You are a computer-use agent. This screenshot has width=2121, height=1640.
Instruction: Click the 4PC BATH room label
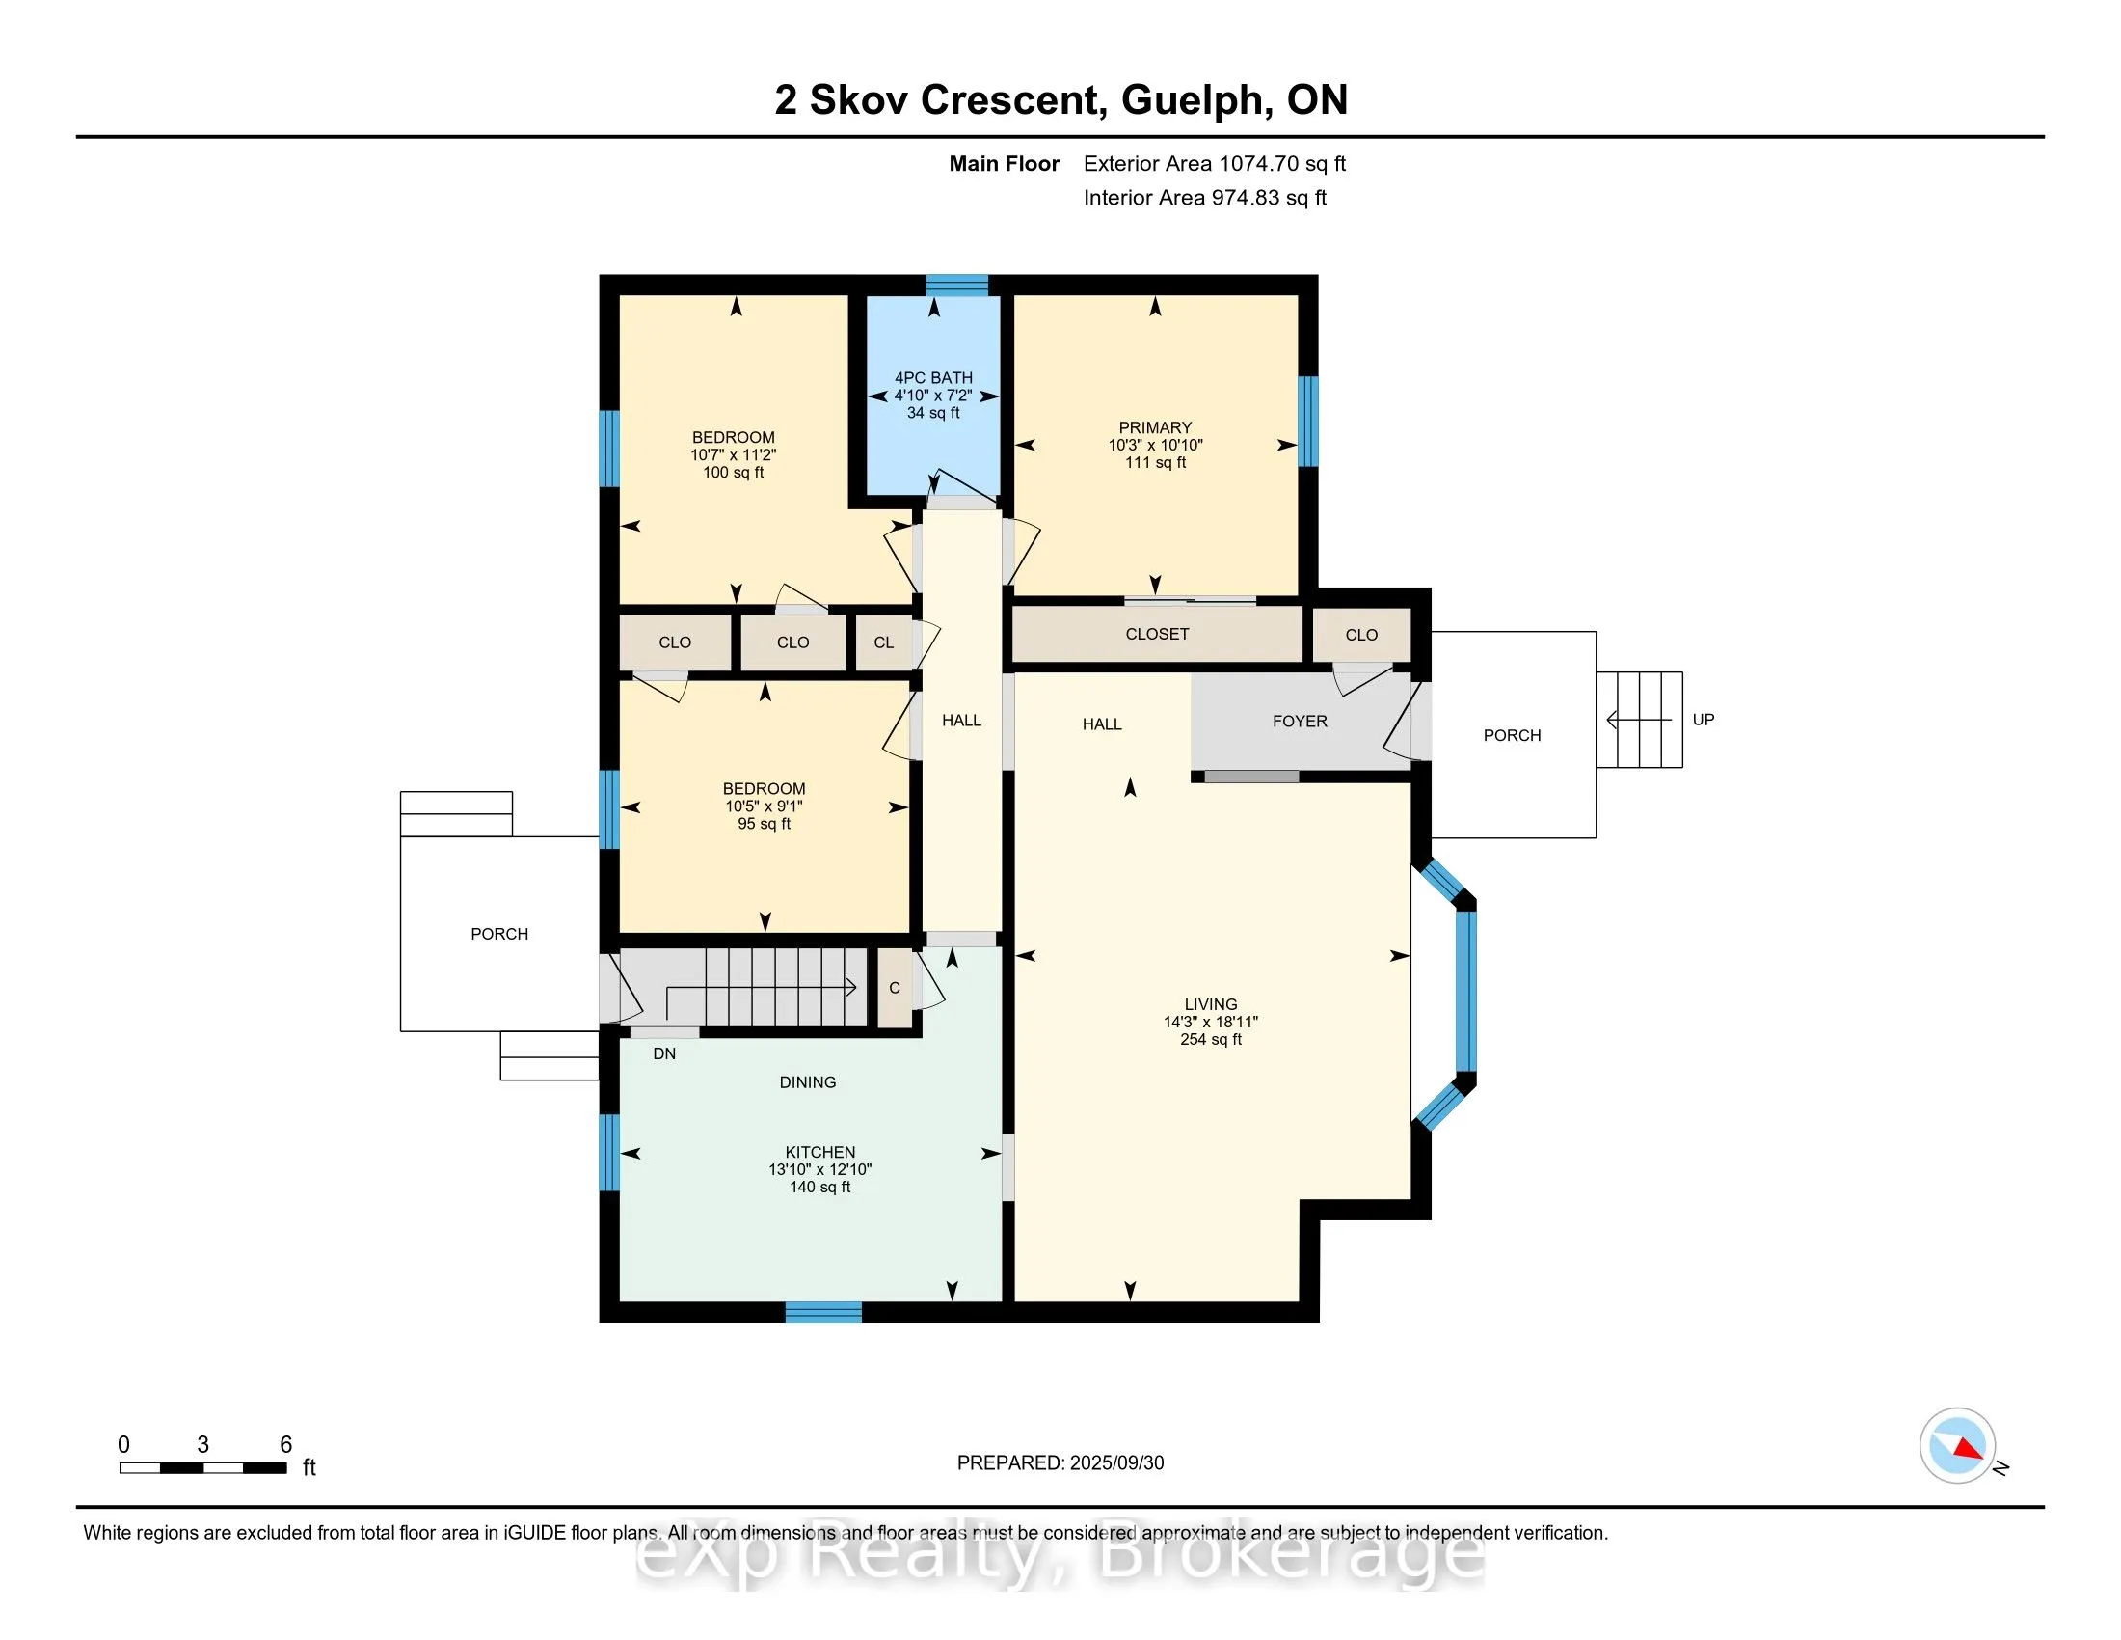coord(933,378)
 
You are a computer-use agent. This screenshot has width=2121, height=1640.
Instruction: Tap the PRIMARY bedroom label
coord(1155,427)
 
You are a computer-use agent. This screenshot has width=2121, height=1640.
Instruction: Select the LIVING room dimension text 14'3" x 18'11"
coord(1210,1022)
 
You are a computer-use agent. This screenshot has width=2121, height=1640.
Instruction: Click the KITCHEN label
coord(819,1152)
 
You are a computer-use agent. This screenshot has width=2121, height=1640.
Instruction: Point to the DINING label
coord(807,1082)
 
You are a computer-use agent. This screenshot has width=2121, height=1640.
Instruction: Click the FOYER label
coord(1300,721)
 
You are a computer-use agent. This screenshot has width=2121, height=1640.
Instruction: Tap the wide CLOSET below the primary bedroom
coord(1157,634)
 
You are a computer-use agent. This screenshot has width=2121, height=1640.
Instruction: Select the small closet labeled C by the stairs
coord(895,988)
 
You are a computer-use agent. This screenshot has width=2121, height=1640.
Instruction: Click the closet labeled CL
coord(884,642)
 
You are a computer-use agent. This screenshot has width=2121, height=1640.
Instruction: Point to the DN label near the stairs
coord(664,1053)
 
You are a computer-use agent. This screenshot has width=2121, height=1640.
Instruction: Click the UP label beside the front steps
coord(1704,719)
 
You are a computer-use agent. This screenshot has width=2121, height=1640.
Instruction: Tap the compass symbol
coord(1958,1446)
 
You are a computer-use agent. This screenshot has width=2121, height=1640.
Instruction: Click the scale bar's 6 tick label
coord(285,1445)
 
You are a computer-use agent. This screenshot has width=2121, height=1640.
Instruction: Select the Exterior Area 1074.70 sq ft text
coord(1214,163)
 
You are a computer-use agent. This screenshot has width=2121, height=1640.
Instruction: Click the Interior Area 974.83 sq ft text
coord(1204,197)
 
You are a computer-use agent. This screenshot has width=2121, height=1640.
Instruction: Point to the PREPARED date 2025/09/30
coord(1115,1463)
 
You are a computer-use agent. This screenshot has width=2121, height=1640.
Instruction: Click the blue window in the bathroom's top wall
coord(956,285)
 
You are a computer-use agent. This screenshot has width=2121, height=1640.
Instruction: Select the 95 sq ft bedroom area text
coord(764,824)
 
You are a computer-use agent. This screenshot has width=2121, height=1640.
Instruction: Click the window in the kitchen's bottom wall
coord(822,1312)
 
